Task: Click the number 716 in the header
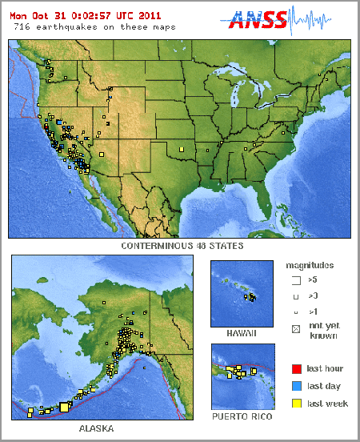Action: [22, 26]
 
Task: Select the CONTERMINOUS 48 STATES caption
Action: [182, 246]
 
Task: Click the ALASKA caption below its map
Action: [96, 429]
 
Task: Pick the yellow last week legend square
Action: [296, 404]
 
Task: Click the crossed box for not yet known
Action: [296, 327]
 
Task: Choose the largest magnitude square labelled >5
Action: [296, 280]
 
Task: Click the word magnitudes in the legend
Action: [310, 264]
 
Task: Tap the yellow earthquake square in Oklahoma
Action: [182, 149]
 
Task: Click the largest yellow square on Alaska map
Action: [65, 407]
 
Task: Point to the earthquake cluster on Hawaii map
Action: [250, 298]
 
